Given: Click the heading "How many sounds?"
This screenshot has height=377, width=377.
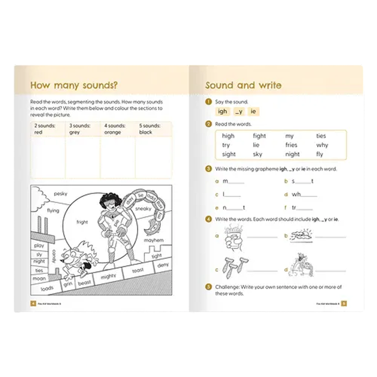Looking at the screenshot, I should click(74, 85).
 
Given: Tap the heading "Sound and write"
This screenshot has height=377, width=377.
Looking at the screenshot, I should click(243, 85).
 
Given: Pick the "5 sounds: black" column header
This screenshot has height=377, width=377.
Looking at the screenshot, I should click(150, 129).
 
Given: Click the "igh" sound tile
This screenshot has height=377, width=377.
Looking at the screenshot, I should click(223, 111).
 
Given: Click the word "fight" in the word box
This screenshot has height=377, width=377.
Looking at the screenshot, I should click(259, 136).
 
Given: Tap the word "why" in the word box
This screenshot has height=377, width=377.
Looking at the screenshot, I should click(322, 145).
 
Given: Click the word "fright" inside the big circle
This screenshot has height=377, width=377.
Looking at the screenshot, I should click(82, 222).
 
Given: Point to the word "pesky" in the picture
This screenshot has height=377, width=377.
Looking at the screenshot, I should click(60, 194).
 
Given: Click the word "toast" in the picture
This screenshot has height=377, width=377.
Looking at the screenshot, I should click(138, 271).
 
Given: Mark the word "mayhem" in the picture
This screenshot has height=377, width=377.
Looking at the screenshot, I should click(154, 240).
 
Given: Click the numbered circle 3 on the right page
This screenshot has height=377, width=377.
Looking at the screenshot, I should click(208, 169).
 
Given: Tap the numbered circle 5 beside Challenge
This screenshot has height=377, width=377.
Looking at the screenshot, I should click(208, 287).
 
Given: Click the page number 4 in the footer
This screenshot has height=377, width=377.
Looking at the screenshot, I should click(33, 303).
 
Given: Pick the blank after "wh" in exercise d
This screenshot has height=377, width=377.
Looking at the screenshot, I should click(309, 195).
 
